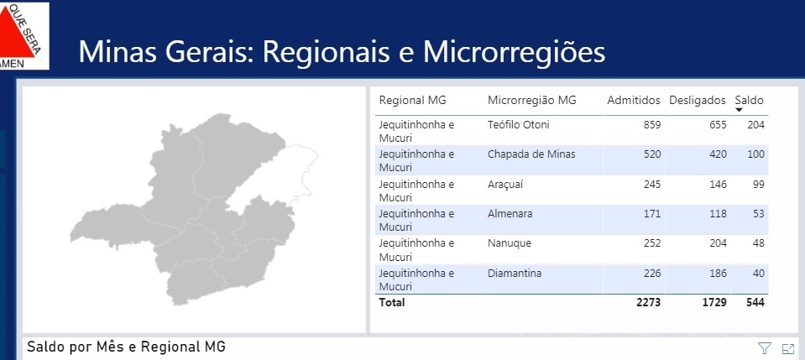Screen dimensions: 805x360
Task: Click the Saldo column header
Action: click(749, 100)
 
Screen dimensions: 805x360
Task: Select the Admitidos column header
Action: click(634, 100)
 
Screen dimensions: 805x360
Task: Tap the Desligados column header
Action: click(698, 100)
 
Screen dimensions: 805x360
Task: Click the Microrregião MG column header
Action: click(532, 100)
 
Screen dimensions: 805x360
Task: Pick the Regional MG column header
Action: click(413, 100)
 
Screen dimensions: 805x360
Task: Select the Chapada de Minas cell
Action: click(531, 154)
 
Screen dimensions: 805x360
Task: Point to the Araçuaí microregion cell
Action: click(505, 184)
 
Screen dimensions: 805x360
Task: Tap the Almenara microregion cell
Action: click(510, 214)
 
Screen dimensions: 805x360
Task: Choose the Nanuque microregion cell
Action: click(510, 243)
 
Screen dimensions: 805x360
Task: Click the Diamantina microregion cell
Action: click(515, 274)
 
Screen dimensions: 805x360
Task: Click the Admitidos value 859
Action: click(652, 124)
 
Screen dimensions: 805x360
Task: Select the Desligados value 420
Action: click(719, 154)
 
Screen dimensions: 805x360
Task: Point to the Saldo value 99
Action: click(759, 184)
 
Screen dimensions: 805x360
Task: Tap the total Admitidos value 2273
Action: click(649, 302)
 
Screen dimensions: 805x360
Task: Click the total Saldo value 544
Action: click(755, 302)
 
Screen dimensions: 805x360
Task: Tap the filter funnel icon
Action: click(765, 349)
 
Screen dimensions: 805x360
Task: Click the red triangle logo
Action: click(17, 35)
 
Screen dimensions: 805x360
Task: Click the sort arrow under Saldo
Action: click(740, 110)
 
